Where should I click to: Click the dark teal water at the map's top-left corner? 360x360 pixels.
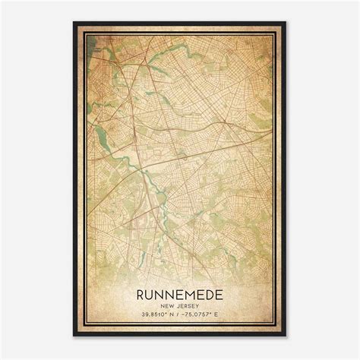[90, 38]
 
